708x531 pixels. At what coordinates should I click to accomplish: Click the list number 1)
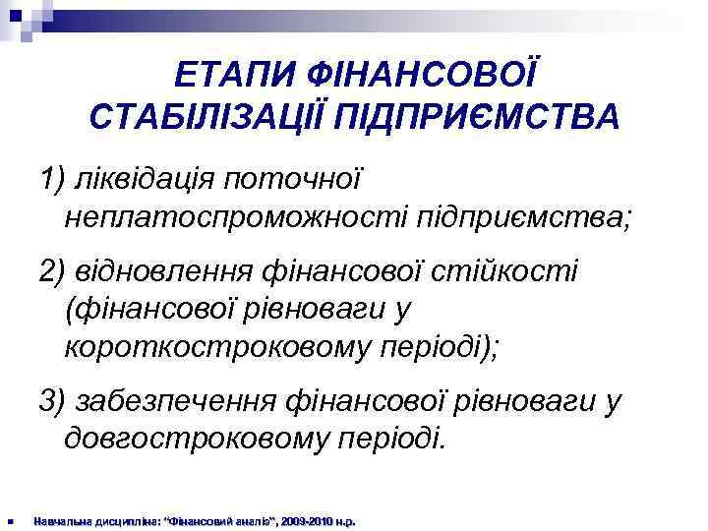51,179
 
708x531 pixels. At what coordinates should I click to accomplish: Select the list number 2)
51,269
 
